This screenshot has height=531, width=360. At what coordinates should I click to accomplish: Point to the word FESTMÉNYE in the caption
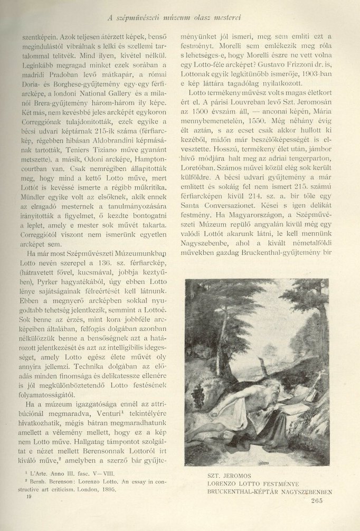click(297, 482)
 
